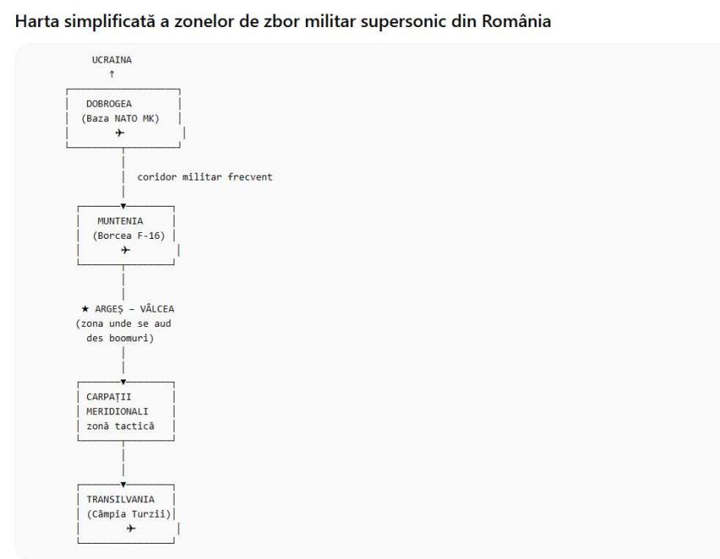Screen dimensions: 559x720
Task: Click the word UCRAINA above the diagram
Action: [112, 60]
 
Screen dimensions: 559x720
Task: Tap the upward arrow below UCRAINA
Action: [112, 75]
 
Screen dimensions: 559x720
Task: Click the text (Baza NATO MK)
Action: [120, 118]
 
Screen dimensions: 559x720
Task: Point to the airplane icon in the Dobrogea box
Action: [119, 133]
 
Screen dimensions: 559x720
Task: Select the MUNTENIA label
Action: [120, 221]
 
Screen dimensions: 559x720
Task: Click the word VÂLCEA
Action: [156, 308]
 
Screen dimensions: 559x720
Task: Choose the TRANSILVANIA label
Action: [120, 499]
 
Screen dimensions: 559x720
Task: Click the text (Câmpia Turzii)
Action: [129, 513]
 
